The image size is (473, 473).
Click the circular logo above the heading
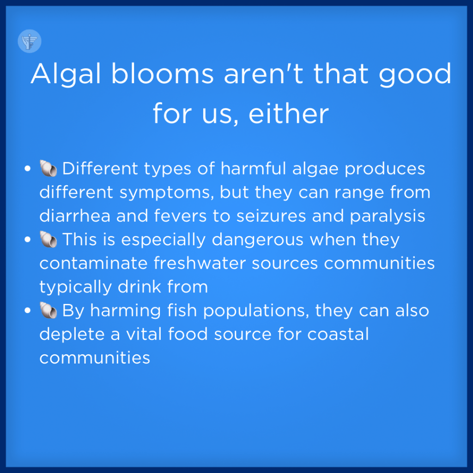(30, 41)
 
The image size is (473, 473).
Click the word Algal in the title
(66, 74)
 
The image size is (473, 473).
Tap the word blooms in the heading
(163, 73)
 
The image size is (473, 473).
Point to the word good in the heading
(415, 74)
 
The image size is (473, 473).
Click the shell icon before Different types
(48, 168)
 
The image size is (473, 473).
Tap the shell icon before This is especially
(48, 239)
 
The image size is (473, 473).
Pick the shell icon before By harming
(48, 310)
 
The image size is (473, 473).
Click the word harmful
(253, 168)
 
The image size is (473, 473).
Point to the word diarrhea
(75, 216)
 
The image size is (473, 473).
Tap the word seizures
(271, 216)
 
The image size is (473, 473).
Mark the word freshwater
(200, 263)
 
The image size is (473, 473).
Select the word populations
(256, 311)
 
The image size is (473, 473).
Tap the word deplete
(72, 335)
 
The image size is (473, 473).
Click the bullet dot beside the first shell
(27, 168)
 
